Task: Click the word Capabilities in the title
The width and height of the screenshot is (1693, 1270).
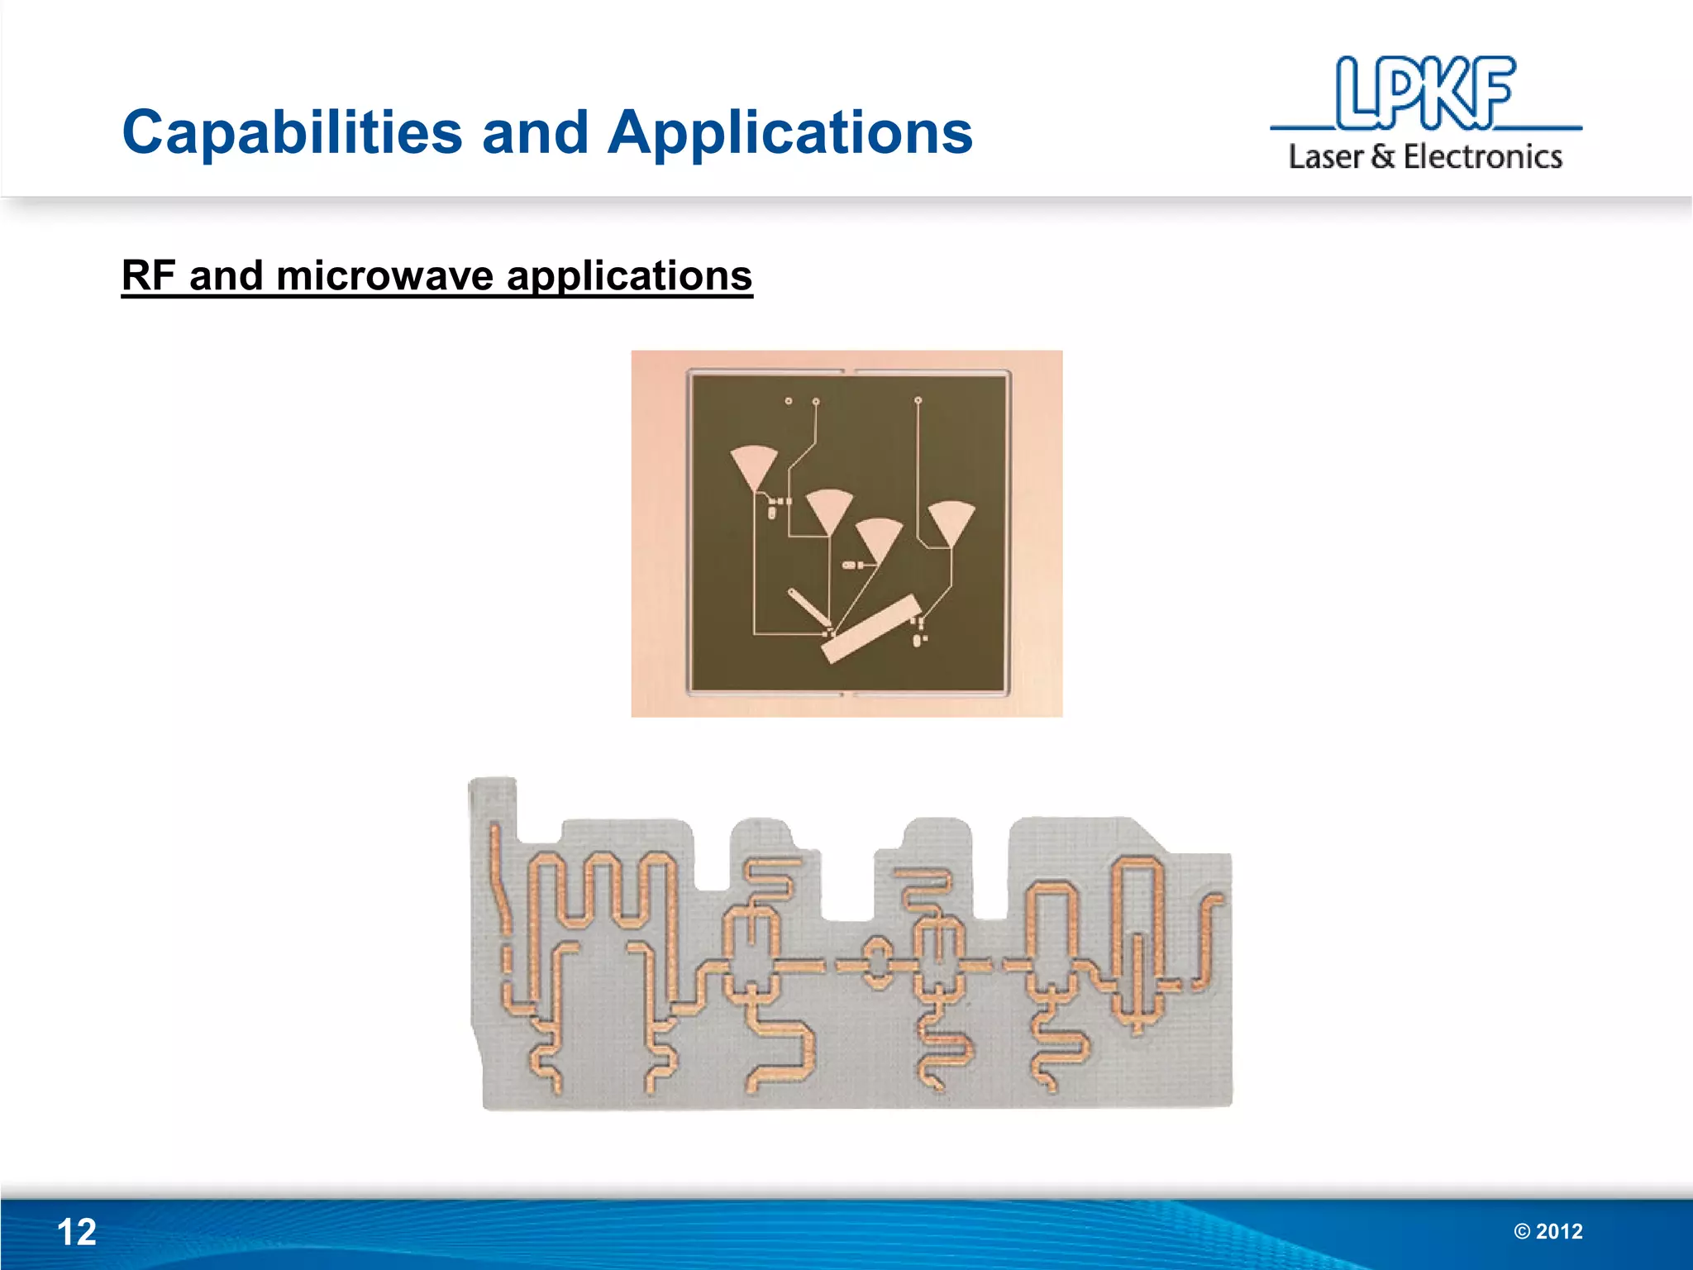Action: [x=292, y=132]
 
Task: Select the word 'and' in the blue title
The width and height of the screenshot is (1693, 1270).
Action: [x=535, y=132]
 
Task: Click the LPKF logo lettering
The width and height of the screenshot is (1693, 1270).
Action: [x=1425, y=93]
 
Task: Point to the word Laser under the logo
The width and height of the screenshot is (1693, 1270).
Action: [x=1325, y=156]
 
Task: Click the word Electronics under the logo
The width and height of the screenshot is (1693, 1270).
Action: [x=1482, y=156]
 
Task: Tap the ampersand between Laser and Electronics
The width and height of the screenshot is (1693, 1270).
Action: [x=1382, y=156]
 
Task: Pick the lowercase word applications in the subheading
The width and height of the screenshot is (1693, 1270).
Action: [x=629, y=277]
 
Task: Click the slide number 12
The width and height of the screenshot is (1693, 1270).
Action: [x=76, y=1232]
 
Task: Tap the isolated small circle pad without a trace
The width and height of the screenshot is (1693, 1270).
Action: [x=789, y=401]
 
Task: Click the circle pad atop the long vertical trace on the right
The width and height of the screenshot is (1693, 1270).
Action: [x=918, y=401]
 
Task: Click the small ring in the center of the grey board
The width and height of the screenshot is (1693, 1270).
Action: [x=875, y=964]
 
